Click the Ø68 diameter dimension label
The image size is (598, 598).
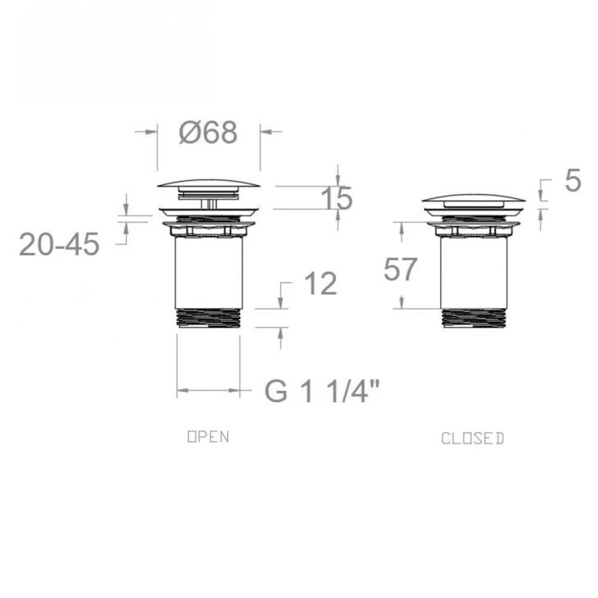(208, 133)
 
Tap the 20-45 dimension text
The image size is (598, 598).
(59, 244)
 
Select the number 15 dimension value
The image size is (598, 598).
(337, 198)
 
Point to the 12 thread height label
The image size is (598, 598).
(321, 284)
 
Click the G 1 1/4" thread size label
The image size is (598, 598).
(322, 391)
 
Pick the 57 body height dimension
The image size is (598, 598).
(400, 269)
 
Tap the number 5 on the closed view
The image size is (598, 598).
(573, 180)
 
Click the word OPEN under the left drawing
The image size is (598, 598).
(208, 436)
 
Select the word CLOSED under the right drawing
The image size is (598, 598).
(473, 439)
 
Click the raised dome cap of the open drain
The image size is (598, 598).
(208, 183)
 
